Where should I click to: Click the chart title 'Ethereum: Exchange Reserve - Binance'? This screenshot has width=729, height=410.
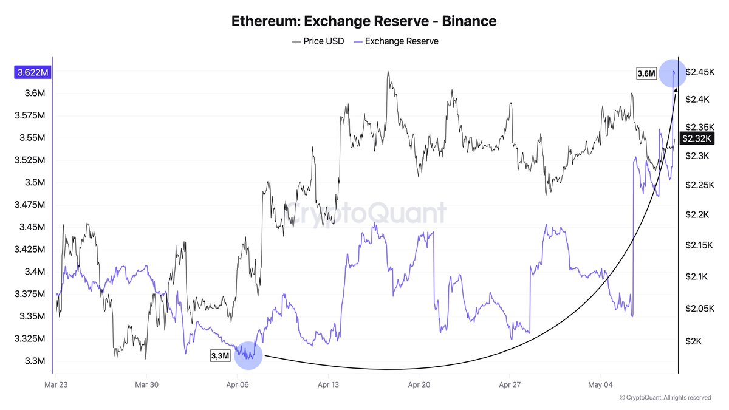tap(364, 21)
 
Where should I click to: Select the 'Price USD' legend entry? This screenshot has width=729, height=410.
tap(318, 41)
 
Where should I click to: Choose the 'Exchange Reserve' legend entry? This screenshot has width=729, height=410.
tap(396, 41)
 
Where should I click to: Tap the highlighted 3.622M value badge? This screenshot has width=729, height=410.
tap(33, 72)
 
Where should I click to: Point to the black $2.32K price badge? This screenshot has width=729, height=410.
tap(697, 138)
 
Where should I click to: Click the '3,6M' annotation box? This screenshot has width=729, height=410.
tap(646, 73)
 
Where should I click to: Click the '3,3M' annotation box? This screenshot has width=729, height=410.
tap(221, 356)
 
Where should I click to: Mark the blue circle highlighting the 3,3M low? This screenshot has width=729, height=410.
tap(248, 356)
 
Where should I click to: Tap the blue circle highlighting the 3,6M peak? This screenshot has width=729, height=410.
tap(673, 73)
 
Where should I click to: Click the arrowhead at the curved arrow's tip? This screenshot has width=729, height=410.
tap(676, 89)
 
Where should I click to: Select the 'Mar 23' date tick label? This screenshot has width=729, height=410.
tap(56, 385)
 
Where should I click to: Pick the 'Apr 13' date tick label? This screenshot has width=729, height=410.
tap(328, 385)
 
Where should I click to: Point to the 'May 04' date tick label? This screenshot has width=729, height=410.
tap(600, 385)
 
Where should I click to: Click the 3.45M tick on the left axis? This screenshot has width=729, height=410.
tap(32, 227)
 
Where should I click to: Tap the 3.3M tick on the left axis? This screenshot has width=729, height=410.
tap(35, 361)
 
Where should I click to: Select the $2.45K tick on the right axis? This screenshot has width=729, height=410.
tap(700, 72)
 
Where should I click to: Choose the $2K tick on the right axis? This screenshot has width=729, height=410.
tap(694, 341)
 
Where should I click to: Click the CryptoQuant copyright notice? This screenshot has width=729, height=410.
tap(665, 398)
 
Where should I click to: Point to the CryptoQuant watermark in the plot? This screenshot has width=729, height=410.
tap(366, 213)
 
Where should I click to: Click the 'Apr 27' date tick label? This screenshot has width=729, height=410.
tap(510, 385)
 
